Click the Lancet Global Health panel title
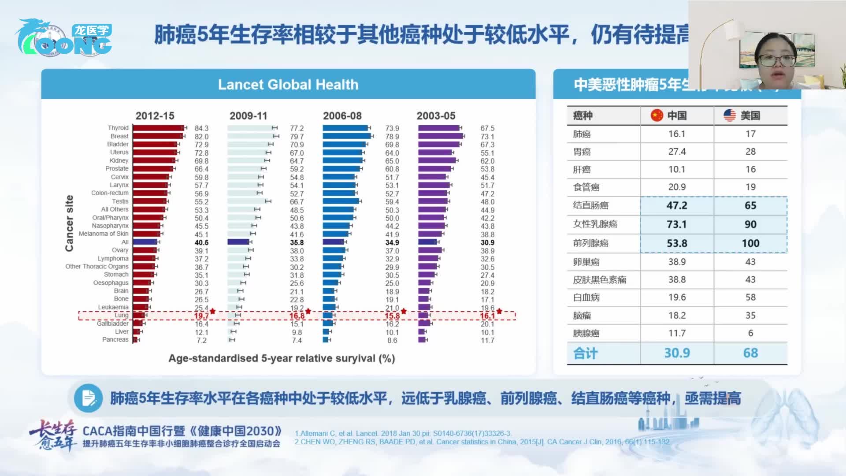click(x=288, y=85)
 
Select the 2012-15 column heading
click(x=155, y=116)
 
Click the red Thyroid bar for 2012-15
click(x=158, y=128)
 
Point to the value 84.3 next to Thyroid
click(x=201, y=128)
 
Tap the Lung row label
click(x=121, y=315)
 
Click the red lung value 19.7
click(x=201, y=316)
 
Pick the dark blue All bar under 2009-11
click(x=238, y=242)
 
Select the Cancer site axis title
click(x=69, y=223)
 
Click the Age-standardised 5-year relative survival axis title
click(x=282, y=358)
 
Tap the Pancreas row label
click(x=115, y=340)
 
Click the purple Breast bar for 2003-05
click(x=440, y=136)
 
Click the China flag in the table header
click(x=657, y=115)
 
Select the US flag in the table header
click(x=730, y=115)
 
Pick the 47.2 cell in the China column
click(x=677, y=205)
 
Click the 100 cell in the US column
click(x=750, y=243)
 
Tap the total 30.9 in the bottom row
click(x=677, y=353)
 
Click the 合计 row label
click(x=585, y=353)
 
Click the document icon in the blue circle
click(x=89, y=398)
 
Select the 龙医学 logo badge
click(x=92, y=30)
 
